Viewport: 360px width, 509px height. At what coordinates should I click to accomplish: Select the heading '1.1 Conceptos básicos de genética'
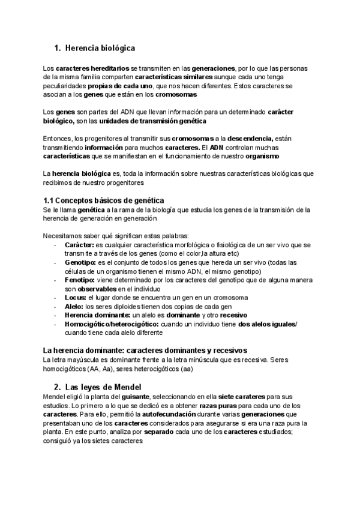(x=104, y=200)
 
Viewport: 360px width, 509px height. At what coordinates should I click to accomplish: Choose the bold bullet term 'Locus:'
(x=75, y=297)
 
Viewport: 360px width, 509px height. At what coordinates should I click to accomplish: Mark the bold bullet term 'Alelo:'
(x=74, y=306)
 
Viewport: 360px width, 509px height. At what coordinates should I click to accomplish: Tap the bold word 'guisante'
(x=137, y=397)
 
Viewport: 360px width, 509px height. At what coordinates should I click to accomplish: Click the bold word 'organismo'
(x=262, y=156)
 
